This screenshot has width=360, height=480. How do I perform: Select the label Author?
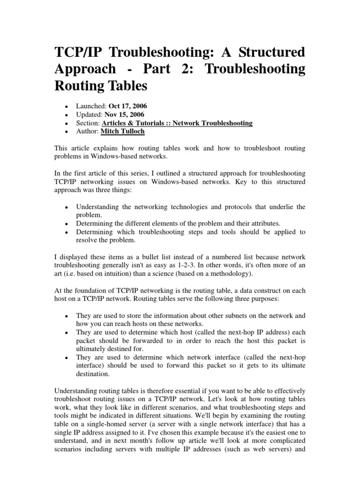[88, 132]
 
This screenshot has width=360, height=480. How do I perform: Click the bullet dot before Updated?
[68, 115]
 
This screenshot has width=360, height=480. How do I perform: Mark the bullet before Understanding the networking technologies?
[68, 207]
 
